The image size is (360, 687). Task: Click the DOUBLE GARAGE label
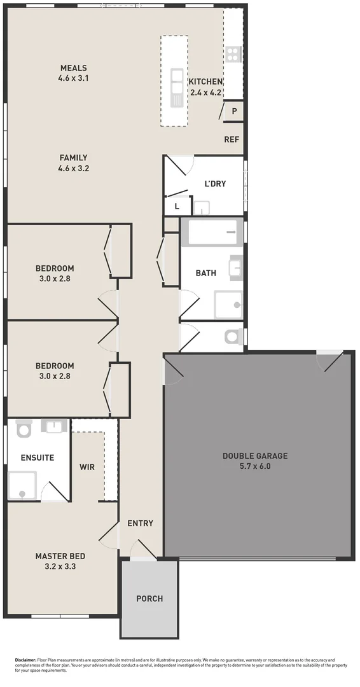click(254, 455)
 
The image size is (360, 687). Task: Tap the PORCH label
click(149, 599)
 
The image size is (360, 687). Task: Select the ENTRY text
click(140, 524)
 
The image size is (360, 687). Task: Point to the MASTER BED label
click(60, 556)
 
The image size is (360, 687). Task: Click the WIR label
click(87, 467)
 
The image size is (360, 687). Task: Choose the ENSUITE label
click(37, 457)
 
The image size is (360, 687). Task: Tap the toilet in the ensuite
click(24, 429)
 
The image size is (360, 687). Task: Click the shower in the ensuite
click(22, 485)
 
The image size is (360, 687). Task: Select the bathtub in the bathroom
click(211, 233)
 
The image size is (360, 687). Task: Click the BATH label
click(205, 273)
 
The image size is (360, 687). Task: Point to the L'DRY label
click(215, 184)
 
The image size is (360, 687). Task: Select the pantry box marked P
click(234, 111)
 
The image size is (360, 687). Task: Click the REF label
click(232, 139)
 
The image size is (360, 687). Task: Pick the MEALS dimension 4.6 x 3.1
click(73, 78)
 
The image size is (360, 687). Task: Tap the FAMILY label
click(73, 158)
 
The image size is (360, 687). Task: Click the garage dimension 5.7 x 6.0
click(254, 466)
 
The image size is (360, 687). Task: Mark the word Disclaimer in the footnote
click(25, 660)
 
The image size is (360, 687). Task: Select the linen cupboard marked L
click(177, 206)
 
